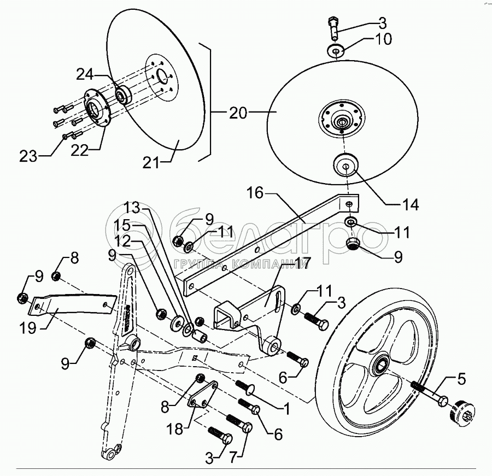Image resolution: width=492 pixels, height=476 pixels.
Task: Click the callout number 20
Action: coord(238,113)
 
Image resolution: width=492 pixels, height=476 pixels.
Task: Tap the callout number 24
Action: coord(85,74)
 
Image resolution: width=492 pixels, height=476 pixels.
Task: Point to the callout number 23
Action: coord(28,157)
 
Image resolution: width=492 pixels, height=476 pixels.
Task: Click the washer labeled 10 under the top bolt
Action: coord(336,51)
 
